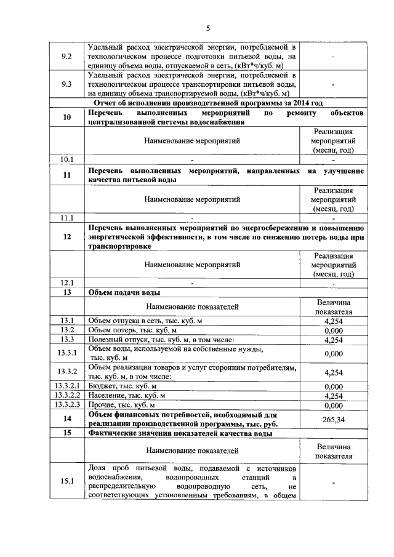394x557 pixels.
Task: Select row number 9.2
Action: click(67, 56)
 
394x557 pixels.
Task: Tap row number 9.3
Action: click(67, 83)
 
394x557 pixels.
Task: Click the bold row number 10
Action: click(67, 118)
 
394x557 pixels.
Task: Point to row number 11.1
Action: click(67, 218)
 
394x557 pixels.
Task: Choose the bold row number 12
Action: click(67, 237)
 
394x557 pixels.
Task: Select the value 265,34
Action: click(333, 419)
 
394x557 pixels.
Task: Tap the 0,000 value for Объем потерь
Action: click(333, 331)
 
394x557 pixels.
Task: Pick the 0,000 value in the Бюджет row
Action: click(333, 386)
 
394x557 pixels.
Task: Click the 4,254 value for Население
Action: click(333, 396)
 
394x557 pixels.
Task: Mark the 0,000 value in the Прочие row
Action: click(333, 406)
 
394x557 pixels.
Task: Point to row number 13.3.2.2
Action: click(67, 396)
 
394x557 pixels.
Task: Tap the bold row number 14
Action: click(67, 419)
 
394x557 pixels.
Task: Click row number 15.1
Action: click(67, 482)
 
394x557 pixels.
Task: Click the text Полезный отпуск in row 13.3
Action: click(117, 340)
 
